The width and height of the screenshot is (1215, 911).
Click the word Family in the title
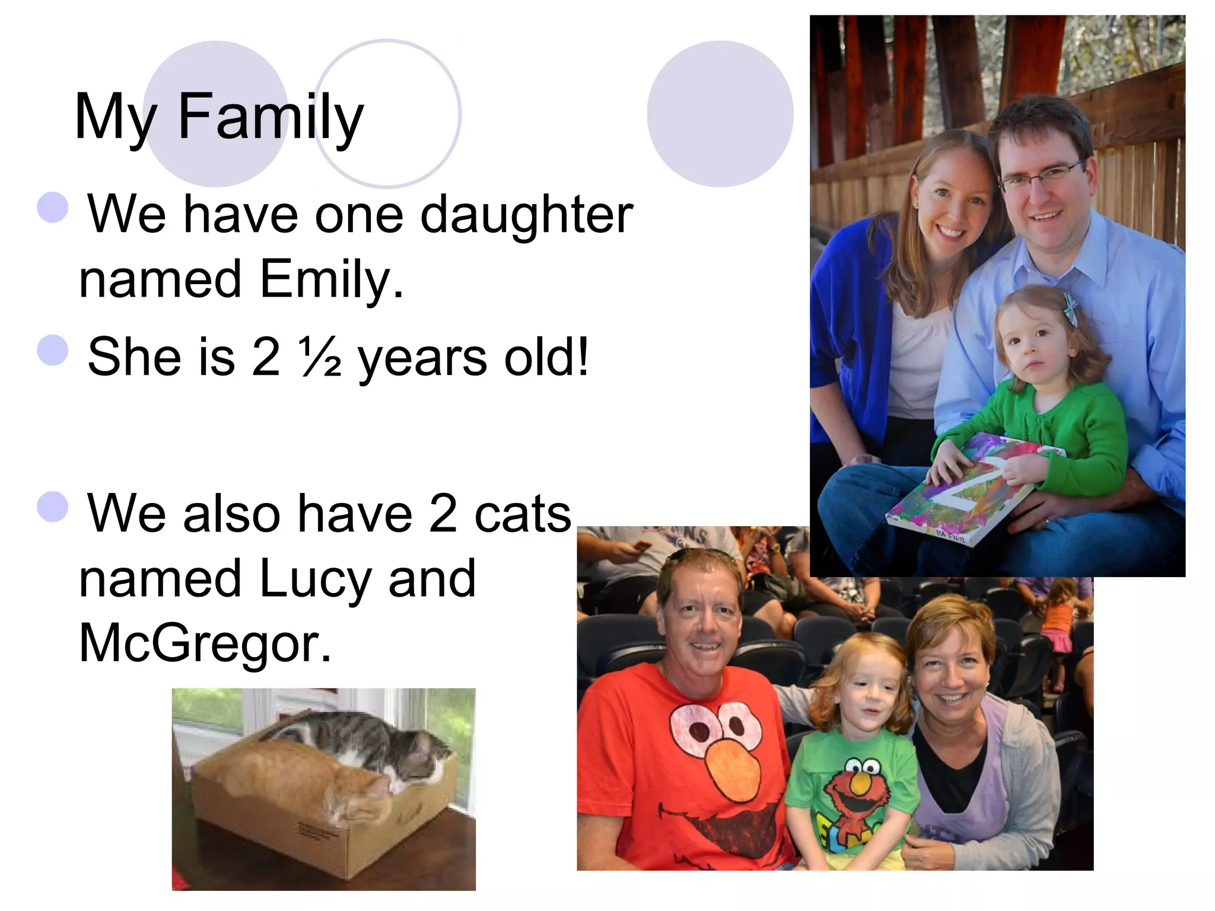(270, 117)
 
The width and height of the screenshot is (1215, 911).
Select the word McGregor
(205, 644)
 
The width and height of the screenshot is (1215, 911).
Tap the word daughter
(526, 215)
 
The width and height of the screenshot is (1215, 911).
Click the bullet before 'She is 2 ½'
(53, 350)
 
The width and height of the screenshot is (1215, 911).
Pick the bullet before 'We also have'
(53, 507)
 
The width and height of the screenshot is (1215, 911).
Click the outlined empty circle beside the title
(387, 113)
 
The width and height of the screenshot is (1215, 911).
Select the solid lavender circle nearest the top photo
(720, 113)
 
